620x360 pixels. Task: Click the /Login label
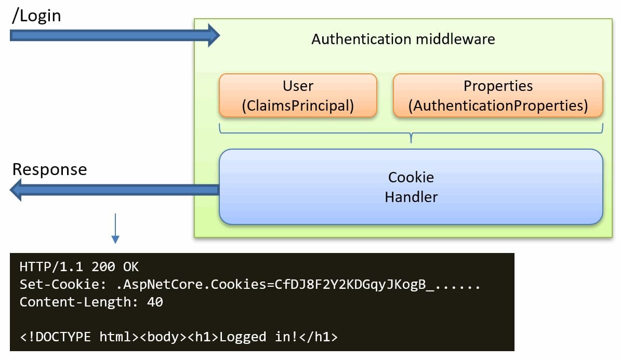pyautogui.click(x=36, y=16)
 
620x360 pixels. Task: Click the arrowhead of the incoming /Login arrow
pyautogui.click(x=213, y=35)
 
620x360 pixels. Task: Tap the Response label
pyautogui.click(x=49, y=169)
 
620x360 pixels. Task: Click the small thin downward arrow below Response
pyautogui.click(x=115, y=229)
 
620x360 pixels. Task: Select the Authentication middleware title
pyautogui.click(x=403, y=39)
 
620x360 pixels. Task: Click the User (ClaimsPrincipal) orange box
pyautogui.click(x=298, y=95)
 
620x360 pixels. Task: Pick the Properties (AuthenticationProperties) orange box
pyautogui.click(x=498, y=95)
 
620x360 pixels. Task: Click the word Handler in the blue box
pyautogui.click(x=411, y=197)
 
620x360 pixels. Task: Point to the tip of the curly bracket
pyautogui.click(x=411, y=140)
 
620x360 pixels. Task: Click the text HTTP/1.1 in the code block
pyautogui.click(x=52, y=268)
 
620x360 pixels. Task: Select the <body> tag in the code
pyautogui.click(x=159, y=337)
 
